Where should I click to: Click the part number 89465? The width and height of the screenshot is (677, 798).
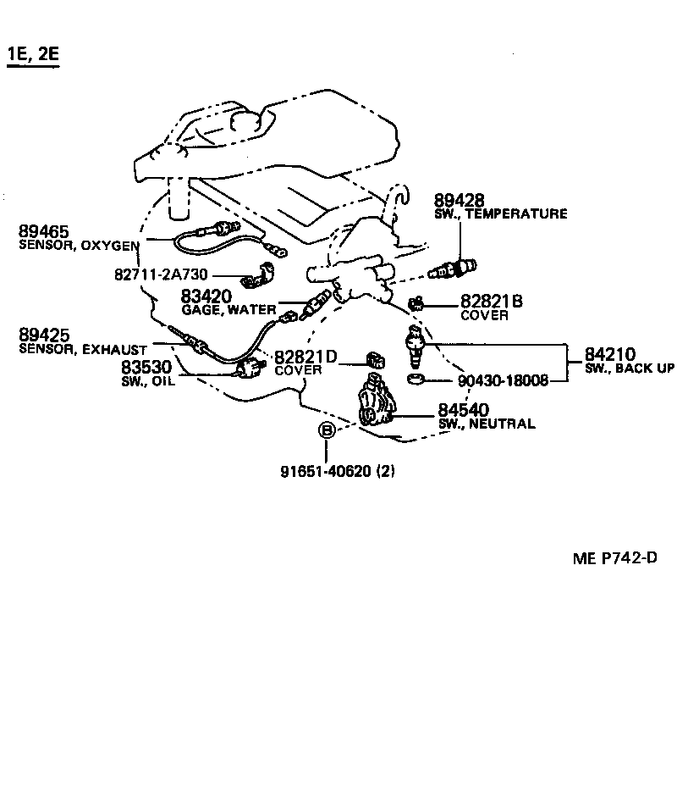coord(44,232)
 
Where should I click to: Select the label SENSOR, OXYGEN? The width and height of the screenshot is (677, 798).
coord(79,246)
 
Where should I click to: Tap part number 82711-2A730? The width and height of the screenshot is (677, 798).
coord(162,275)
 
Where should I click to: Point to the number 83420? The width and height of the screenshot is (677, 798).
coord(206,296)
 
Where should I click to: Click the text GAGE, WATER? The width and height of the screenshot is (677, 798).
coord(224,309)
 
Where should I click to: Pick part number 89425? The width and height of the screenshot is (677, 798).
coord(44,335)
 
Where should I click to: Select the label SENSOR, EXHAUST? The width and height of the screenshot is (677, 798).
coord(83,349)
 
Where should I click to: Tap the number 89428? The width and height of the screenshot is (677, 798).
coord(460,201)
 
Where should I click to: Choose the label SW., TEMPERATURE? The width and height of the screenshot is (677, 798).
coord(500,214)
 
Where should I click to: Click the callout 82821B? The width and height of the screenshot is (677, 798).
coord(492,302)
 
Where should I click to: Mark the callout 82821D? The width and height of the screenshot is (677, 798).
coord(305,357)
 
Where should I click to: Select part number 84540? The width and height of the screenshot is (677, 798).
coord(463,409)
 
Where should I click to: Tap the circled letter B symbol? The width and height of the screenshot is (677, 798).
coord(327,431)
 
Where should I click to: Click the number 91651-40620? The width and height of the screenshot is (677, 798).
coord(326,472)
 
